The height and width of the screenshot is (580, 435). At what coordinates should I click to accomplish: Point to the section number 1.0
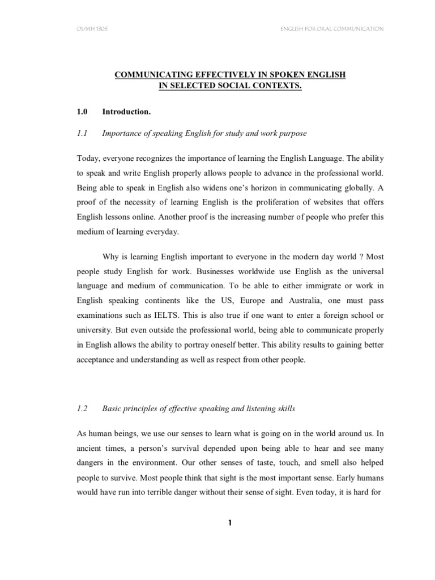click(82, 112)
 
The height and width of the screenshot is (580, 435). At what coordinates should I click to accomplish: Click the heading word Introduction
click(126, 112)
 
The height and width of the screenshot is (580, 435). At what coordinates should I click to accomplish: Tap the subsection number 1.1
click(82, 134)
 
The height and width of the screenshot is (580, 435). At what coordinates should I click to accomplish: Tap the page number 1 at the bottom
click(229, 523)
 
